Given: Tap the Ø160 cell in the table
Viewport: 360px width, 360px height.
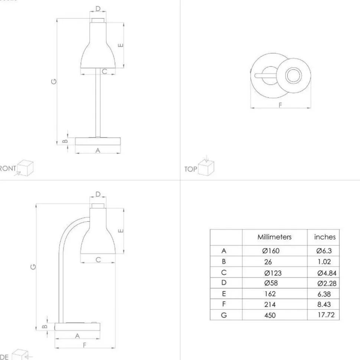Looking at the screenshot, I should point(271,251).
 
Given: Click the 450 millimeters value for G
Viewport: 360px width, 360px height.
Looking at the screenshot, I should point(270,316).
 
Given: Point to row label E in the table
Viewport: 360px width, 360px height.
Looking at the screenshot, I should point(224,294).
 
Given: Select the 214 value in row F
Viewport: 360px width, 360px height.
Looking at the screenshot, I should point(270,305).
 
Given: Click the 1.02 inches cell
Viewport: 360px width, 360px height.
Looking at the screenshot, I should point(324,262).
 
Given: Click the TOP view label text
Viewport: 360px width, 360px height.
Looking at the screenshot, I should point(190,169).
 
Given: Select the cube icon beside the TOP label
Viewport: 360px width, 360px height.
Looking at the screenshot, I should point(206,167).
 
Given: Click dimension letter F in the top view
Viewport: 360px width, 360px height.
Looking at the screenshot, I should point(280,105).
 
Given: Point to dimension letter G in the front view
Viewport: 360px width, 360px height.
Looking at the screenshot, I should point(54,81).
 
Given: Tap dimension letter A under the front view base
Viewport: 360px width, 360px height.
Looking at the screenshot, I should point(98,150).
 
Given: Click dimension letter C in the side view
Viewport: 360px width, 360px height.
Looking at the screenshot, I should point(98,260).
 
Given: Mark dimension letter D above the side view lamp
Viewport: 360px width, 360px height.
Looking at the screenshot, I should point(98,194).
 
